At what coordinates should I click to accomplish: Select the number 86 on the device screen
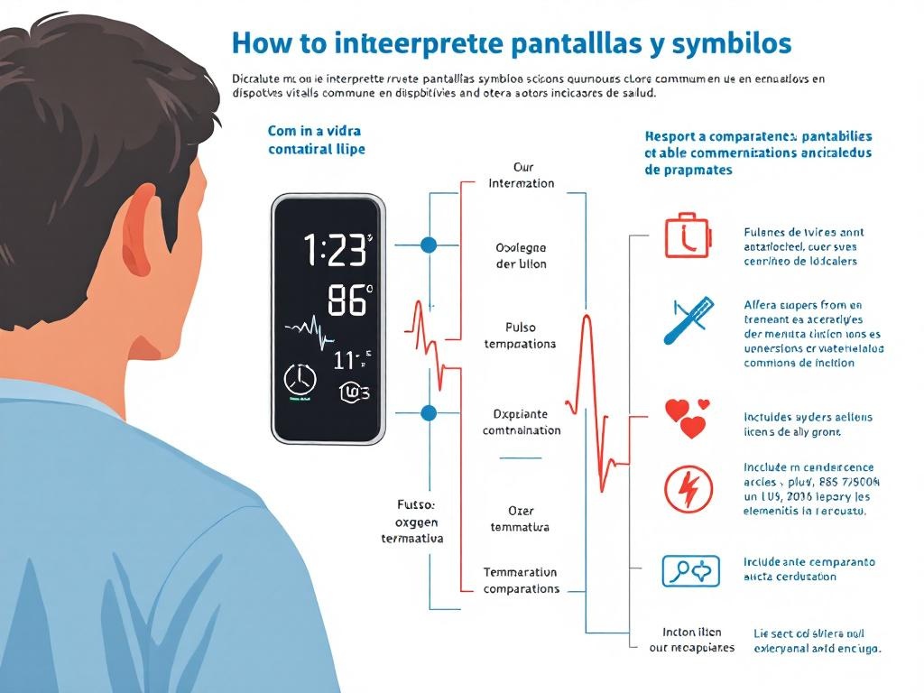(347, 301)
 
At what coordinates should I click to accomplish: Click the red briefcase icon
(688, 236)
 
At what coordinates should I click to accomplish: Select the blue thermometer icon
(688, 319)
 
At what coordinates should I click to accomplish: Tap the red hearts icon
(688, 418)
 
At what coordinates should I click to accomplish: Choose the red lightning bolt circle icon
(688, 489)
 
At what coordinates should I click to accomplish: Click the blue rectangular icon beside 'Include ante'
(690, 570)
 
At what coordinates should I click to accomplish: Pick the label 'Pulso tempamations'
(520, 336)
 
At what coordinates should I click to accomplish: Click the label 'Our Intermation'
(522, 175)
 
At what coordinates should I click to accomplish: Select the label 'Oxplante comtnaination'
(522, 422)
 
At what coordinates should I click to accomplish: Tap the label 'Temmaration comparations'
(521, 580)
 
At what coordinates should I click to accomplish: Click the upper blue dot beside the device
(429, 245)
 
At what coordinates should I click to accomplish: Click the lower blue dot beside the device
(429, 413)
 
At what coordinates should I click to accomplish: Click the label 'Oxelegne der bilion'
(521, 255)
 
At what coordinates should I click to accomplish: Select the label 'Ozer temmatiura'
(520, 519)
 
